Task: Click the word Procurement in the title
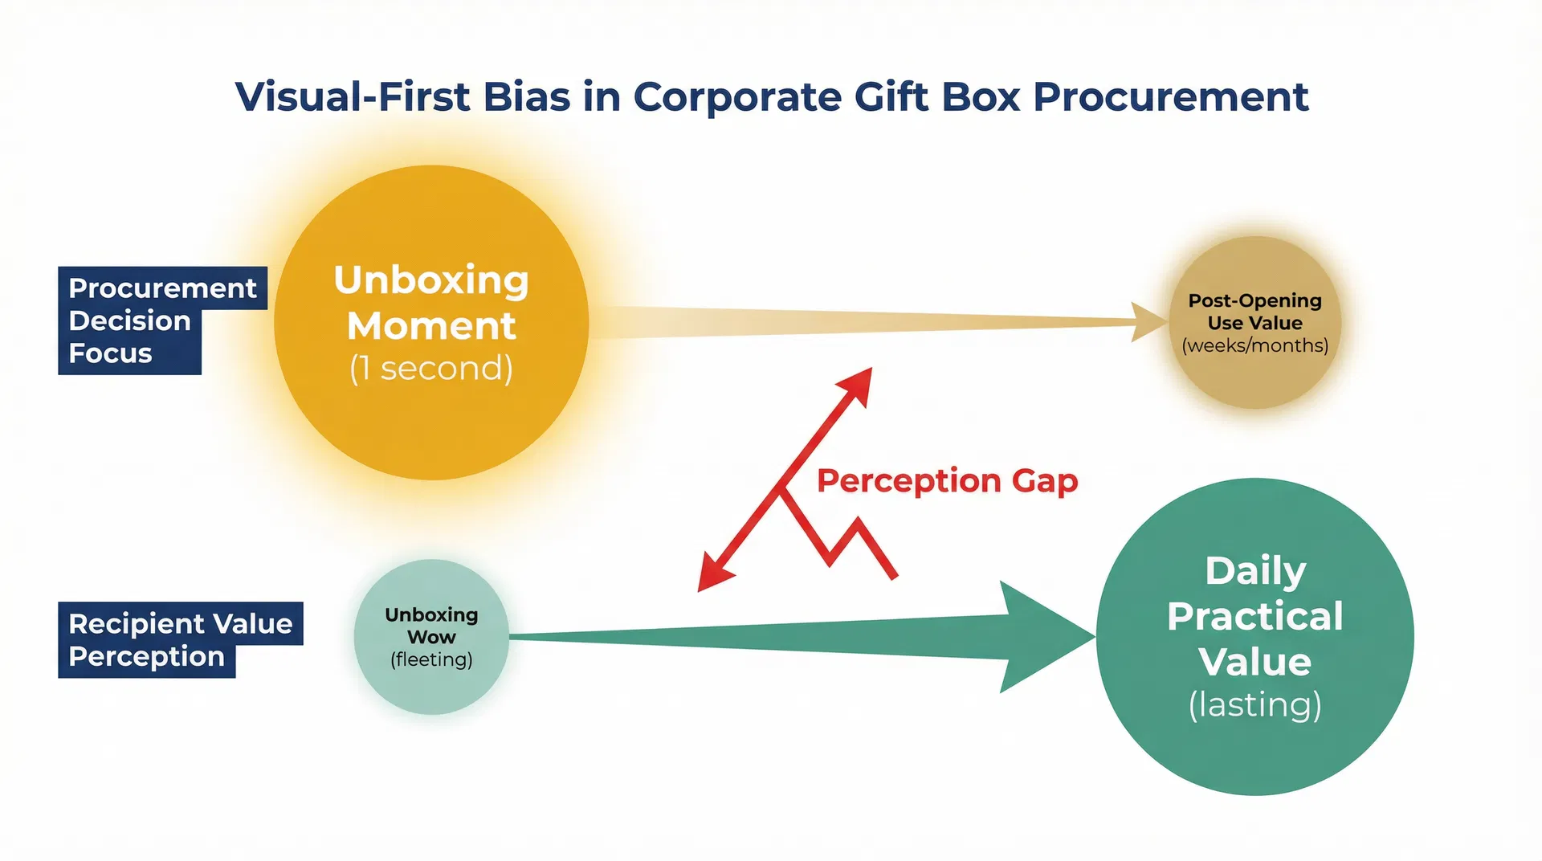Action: (1170, 98)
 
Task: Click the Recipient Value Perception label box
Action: (180, 640)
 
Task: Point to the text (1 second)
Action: (431, 369)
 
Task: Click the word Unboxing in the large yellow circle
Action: (431, 280)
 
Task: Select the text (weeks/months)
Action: (1254, 345)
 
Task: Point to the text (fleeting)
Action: (431, 659)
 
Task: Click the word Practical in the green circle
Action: (1254, 617)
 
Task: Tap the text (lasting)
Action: (1254, 705)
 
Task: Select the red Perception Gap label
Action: (947, 481)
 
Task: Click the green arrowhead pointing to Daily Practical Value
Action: (1044, 637)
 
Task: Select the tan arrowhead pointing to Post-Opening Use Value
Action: (1147, 322)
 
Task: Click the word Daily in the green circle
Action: (1254, 571)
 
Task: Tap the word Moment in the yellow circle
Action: (431, 326)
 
